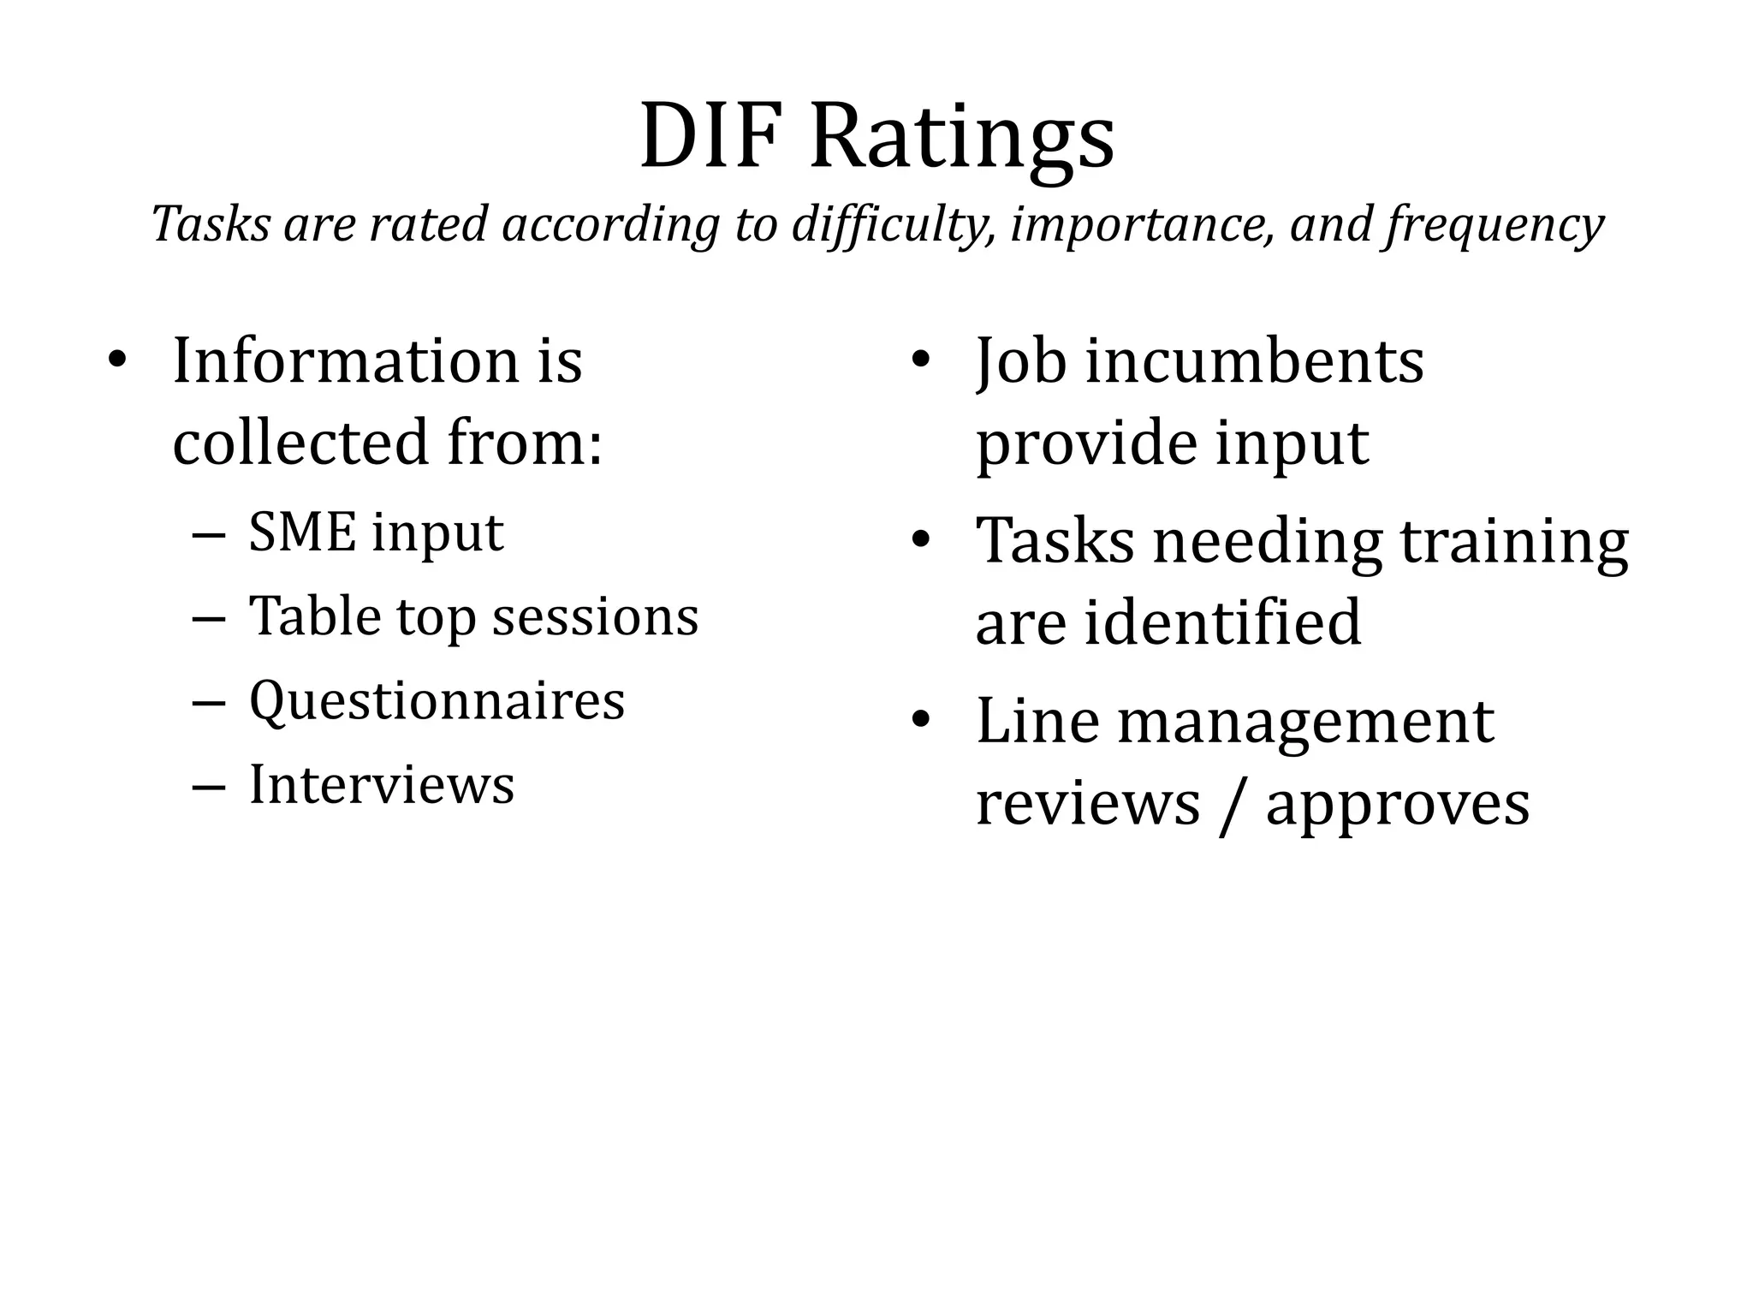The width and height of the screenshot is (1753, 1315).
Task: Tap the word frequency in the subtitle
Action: click(1495, 225)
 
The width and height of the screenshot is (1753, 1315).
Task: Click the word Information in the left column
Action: click(346, 360)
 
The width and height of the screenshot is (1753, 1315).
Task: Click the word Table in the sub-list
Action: click(314, 616)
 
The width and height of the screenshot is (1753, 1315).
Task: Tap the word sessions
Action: click(595, 616)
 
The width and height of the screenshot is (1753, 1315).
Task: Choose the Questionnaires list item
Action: click(437, 700)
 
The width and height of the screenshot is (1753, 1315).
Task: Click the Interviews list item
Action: click(382, 784)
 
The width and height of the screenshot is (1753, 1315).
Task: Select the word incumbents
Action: click(1255, 360)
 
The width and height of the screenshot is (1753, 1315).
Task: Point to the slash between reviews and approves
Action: click(1233, 805)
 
